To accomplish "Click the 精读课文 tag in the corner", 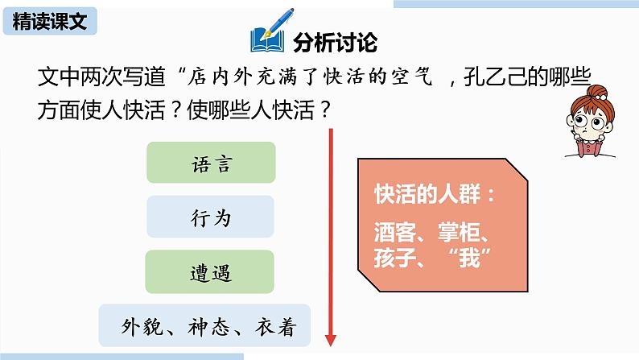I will (x=51, y=22).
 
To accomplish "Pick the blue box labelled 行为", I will (x=212, y=217).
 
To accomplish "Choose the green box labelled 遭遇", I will (x=212, y=272).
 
